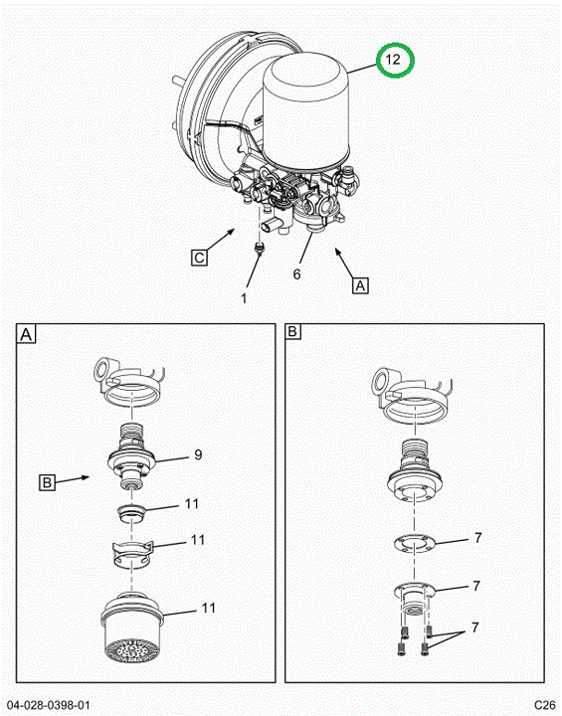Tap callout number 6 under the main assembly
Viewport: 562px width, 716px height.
[297, 274]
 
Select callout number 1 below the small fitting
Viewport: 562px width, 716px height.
[244, 298]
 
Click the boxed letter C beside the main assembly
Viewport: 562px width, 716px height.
[199, 258]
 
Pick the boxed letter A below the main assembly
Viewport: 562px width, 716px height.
[360, 285]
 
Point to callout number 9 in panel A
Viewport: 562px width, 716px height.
[198, 454]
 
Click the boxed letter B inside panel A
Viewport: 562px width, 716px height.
[47, 482]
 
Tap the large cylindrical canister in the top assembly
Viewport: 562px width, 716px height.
[305, 109]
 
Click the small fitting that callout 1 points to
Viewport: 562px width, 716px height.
[259, 249]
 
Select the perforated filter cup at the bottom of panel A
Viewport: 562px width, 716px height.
[132, 627]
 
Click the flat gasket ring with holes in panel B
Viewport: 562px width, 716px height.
[414, 543]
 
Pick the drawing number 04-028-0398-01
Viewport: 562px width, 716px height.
[48, 705]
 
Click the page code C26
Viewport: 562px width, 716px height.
[545, 705]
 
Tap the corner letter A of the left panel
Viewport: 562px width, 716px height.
[26, 334]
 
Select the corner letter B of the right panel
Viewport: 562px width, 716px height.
[292, 331]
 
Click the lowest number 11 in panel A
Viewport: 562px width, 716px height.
[208, 608]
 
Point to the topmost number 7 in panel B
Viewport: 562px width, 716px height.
[477, 538]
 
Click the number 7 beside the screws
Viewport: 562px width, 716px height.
[475, 627]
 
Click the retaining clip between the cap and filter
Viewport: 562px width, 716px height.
[131, 554]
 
